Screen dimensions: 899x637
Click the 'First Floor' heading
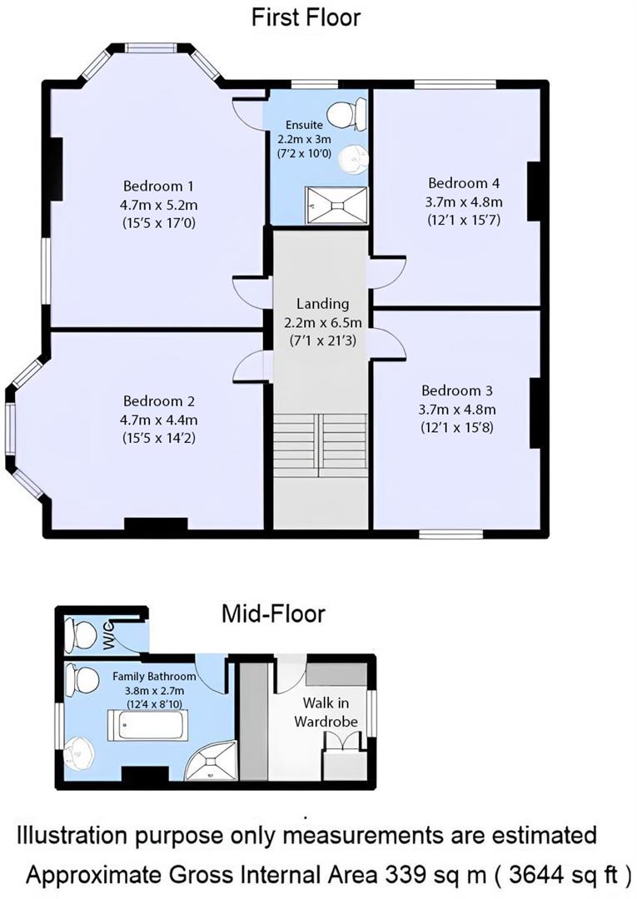click(306, 17)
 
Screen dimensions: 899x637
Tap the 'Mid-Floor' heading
click(272, 615)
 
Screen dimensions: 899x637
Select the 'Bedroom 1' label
click(159, 186)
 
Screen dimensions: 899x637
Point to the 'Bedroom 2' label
click(159, 400)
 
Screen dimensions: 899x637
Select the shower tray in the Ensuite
click(336, 204)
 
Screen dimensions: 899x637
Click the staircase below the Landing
click(321, 445)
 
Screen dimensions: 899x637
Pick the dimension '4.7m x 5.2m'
click(159, 204)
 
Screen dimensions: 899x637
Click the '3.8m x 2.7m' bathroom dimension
click(147, 690)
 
